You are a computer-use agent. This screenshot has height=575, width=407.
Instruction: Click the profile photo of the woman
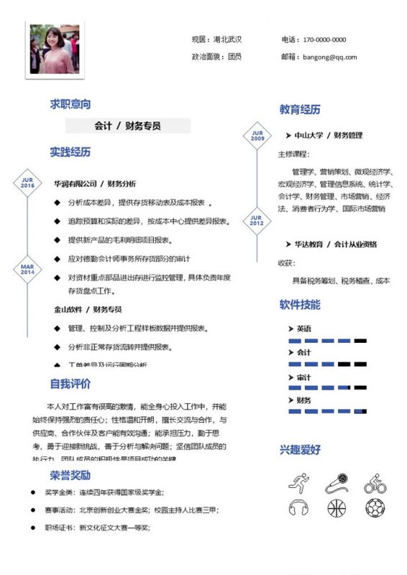(x=55, y=50)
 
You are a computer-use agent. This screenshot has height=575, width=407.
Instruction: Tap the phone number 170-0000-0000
(x=324, y=40)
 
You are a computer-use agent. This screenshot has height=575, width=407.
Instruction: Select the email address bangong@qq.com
(x=329, y=57)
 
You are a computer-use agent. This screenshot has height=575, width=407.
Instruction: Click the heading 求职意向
(x=70, y=104)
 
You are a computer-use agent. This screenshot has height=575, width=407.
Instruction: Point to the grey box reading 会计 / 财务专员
(x=128, y=126)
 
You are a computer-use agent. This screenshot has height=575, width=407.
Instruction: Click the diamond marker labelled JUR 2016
(x=27, y=183)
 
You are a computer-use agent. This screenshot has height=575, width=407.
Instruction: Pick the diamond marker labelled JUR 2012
(x=257, y=221)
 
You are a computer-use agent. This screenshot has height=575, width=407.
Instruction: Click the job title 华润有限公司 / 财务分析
(x=95, y=183)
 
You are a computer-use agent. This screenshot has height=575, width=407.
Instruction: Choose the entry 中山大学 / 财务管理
(x=328, y=135)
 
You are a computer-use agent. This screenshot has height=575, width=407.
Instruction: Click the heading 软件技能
(x=300, y=305)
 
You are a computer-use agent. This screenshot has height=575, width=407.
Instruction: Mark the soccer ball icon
(x=375, y=508)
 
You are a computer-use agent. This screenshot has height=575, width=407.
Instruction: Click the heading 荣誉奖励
(x=70, y=475)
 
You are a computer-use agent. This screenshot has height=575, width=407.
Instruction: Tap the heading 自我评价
(x=70, y=383)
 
